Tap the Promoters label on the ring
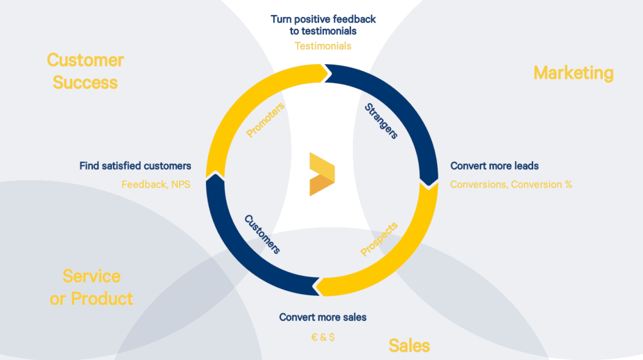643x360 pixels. coord(266,120)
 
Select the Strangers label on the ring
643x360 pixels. coord(381,121)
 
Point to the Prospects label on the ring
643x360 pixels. coord(379,239)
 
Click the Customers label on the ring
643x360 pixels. coord(262,234)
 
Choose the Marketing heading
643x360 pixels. coord(573,73)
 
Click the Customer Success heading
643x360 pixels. coord(85,71)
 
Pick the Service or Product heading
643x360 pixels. coord(92,286)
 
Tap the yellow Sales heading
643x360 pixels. coord(409,345)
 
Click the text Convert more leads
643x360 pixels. coord(495,166)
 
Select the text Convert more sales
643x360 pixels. coord(323,317)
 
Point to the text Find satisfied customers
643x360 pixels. coord(135,166)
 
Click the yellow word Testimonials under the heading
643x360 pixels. coord(323,46)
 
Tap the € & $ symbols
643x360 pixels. coord(323,337)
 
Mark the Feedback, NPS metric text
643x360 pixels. coord(156,185)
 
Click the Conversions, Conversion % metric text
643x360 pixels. coord(511,185)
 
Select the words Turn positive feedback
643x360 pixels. coord(323,19)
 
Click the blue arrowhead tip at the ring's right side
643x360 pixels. coord(430,183)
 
